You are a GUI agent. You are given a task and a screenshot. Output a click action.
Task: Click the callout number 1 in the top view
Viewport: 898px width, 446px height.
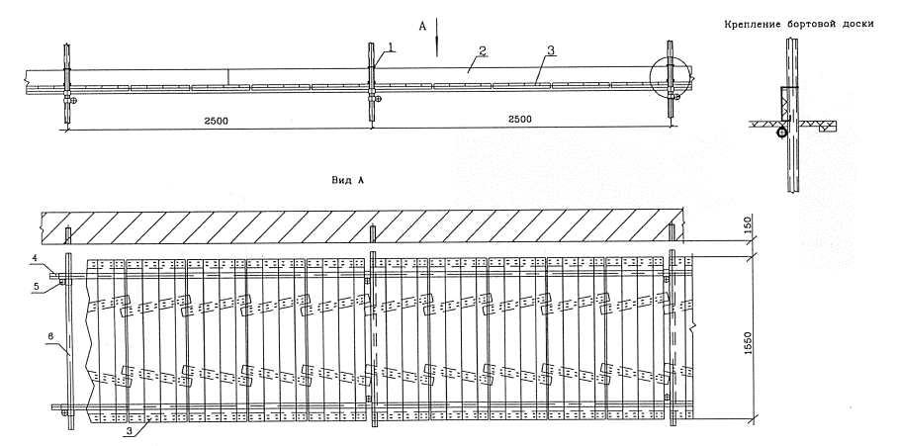[393, 46]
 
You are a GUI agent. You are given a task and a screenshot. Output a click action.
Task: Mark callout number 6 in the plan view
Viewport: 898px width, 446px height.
[48, 337]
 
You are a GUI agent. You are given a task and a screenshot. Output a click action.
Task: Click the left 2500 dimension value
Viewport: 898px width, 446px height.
[218, 119]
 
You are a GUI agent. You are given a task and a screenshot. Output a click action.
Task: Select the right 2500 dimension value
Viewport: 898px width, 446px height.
[519, 119]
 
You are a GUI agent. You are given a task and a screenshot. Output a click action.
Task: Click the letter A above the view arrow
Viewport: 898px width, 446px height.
[422, 29]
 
